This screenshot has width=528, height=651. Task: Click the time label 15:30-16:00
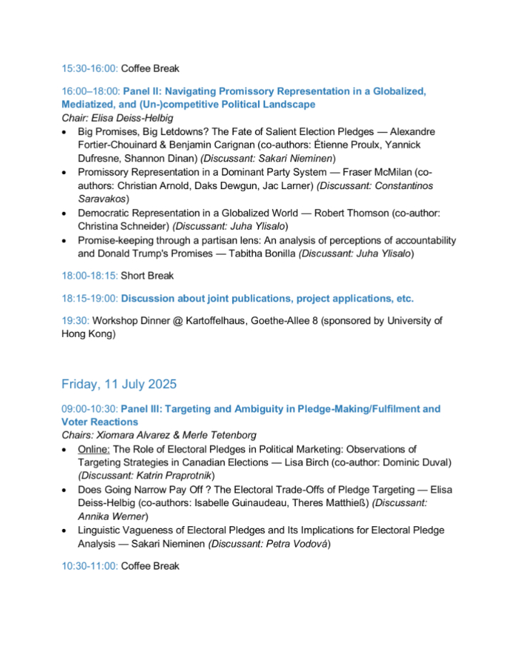click(89, 69)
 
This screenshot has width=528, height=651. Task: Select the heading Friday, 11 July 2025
click(119, 384)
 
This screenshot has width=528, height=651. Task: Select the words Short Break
click(147, 276)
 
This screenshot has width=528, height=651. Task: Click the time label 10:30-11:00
click(89, 566)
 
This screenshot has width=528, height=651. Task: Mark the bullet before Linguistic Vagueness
click(66, 531)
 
